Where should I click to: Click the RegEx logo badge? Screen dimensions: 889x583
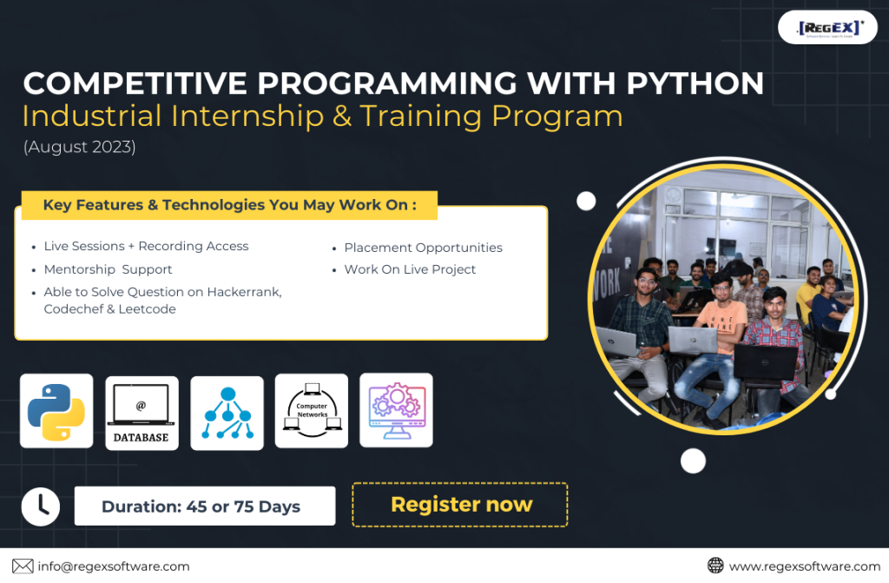827,27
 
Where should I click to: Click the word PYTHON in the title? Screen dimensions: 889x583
695,83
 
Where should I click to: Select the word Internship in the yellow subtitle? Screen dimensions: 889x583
247,116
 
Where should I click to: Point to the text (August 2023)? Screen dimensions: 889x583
79,147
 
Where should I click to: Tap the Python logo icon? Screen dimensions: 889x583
56,412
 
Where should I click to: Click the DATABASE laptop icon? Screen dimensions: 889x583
142,413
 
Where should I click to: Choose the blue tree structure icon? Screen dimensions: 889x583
227,413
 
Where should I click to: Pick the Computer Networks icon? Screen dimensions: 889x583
312,410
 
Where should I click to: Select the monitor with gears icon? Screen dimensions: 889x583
396,410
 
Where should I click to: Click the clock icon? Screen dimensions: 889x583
41,507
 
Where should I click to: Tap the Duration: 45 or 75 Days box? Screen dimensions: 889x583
205,506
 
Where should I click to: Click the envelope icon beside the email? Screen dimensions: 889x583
23,566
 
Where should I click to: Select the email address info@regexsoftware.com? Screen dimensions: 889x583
114,566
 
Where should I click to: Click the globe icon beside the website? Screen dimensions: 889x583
715,566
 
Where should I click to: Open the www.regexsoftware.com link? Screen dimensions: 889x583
805,566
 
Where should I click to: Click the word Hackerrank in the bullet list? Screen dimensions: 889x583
244,292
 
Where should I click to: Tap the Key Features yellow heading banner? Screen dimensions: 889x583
229,205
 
